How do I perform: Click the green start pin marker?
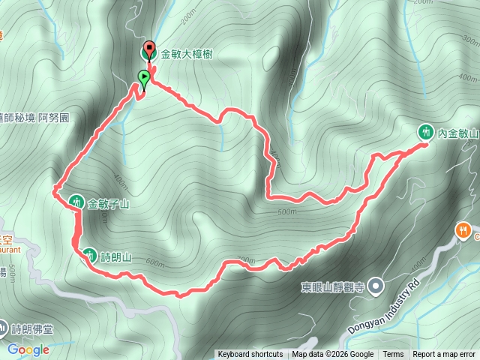click(142, 76)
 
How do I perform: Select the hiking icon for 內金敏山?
click(426, 132)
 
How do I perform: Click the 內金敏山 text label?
click(457, 132)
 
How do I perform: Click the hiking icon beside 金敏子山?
click(76, 202)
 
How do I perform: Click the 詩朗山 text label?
click(116, 257)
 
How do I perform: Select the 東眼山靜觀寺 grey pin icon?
click(376, 286)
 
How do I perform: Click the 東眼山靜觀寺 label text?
click(332, 286)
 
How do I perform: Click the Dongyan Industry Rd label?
click(382, 309)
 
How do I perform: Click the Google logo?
click(28, 349)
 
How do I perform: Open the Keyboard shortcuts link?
click(250, 355)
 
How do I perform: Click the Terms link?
click(393, 355)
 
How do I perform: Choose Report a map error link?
click(444, 355)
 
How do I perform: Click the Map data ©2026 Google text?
click(333, 355)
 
